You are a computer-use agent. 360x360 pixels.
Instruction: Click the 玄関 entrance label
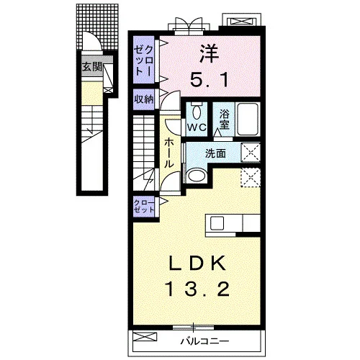pos(92,67)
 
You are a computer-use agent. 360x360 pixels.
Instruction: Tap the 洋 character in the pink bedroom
pos(210,54)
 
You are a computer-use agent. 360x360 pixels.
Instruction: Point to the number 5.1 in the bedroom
pos(210,80)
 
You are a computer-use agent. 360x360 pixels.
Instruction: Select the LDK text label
pos(198,264)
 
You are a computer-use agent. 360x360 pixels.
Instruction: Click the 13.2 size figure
pos(197,289)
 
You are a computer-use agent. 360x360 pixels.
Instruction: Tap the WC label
pos(197,127)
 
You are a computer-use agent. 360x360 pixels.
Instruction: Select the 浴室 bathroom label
pos(224,120)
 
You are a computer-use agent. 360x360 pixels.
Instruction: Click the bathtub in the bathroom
pos(248,119)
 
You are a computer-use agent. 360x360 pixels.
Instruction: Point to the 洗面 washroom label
pos(215,153)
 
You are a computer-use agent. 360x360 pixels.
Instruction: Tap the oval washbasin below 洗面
pos(197,176)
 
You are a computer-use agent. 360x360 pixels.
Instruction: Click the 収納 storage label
pos(144,99)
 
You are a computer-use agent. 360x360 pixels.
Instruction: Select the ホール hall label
pos(169,153)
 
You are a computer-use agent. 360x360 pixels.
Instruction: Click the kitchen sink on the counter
pos(217,223)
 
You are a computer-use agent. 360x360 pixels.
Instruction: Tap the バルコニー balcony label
pos(204,341)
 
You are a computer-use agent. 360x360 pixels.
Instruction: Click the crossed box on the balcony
pos(145,336)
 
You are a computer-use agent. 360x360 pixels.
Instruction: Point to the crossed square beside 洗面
pos(251,152)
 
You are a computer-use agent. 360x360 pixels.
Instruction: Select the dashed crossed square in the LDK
pos(251,177)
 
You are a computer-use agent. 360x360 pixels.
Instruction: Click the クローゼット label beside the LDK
pos(144,206)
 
